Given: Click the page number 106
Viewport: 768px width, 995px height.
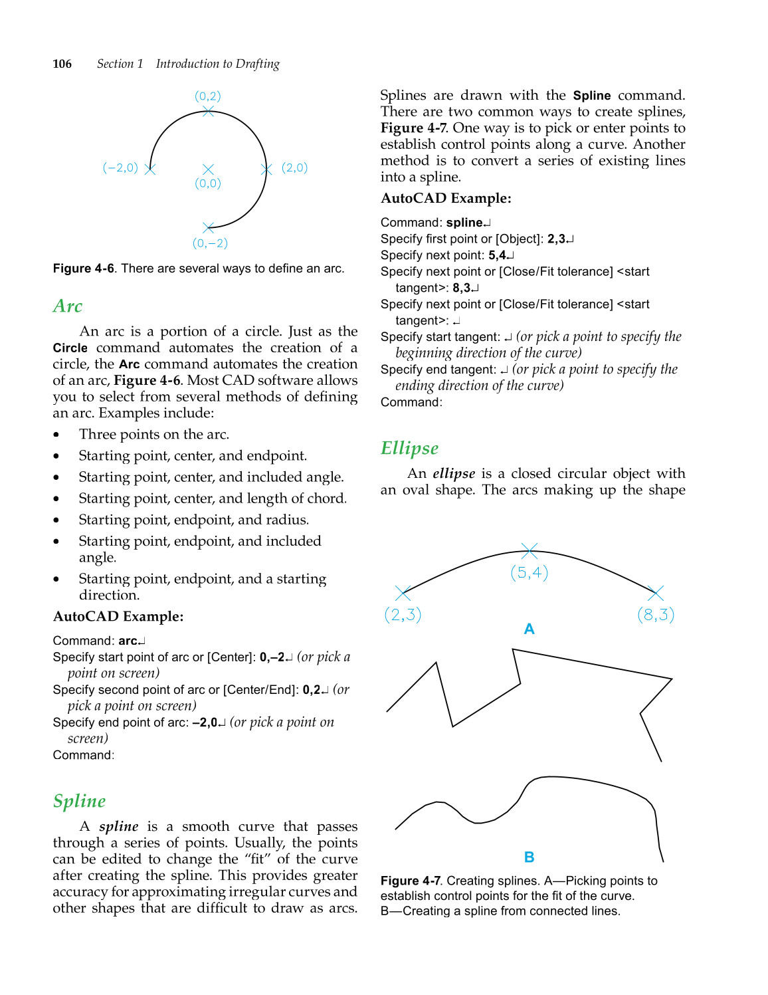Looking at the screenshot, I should [62, 64].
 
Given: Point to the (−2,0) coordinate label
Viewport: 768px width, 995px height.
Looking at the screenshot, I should [120, 167].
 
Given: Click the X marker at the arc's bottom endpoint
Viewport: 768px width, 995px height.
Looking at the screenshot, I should [208, 227].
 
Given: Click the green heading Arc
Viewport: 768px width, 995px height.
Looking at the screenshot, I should [68, 306].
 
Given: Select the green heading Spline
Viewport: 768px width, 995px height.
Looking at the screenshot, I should [80, 802].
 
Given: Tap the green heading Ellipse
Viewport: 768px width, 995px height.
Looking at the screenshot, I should [409, 449].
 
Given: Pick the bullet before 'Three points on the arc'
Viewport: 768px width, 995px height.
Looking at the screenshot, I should [56, 435].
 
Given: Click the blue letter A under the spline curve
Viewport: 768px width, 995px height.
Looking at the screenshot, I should [529, 629].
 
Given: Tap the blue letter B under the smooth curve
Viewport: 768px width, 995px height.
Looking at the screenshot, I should [529, 857].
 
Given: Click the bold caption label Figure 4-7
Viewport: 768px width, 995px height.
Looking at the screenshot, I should [410, 881].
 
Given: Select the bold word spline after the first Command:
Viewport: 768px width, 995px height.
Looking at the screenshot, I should [464, 223].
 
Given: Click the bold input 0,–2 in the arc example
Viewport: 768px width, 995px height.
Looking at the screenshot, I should [272, 657].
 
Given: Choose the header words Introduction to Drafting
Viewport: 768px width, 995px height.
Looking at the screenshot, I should [217, 64].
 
